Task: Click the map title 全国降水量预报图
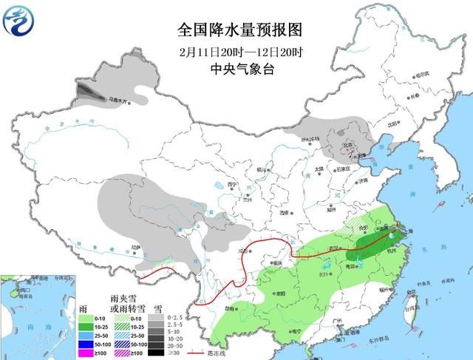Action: (x=240, y=30)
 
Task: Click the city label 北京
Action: (x=344, y=145)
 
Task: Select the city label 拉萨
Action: (x=135, y=248)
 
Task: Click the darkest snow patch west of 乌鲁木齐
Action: (x=89, y=93)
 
